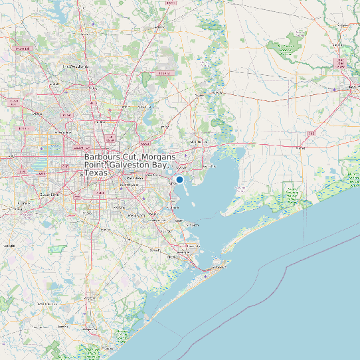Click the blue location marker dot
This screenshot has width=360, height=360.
[179, 179]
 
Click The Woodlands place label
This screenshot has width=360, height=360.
[76, 67]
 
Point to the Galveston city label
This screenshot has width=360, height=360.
[218, 267]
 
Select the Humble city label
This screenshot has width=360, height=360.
[141, 106]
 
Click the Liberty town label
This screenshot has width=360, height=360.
[199, 96]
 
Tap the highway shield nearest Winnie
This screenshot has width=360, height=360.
[311, 134]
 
